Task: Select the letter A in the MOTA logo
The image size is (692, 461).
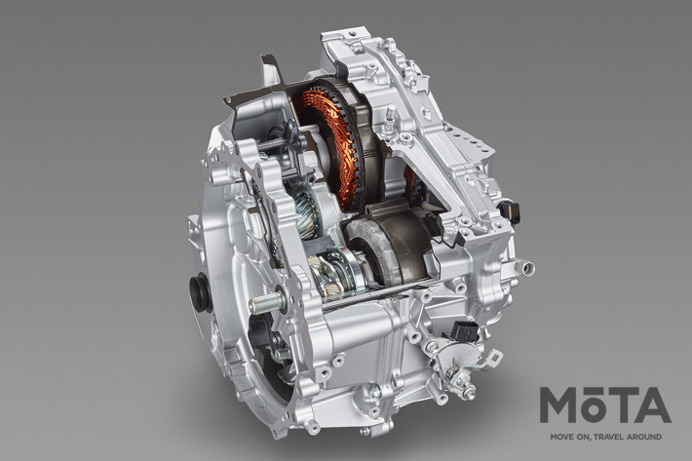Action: (x=653, y=405)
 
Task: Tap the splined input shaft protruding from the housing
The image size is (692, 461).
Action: (x=266, y=303)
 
